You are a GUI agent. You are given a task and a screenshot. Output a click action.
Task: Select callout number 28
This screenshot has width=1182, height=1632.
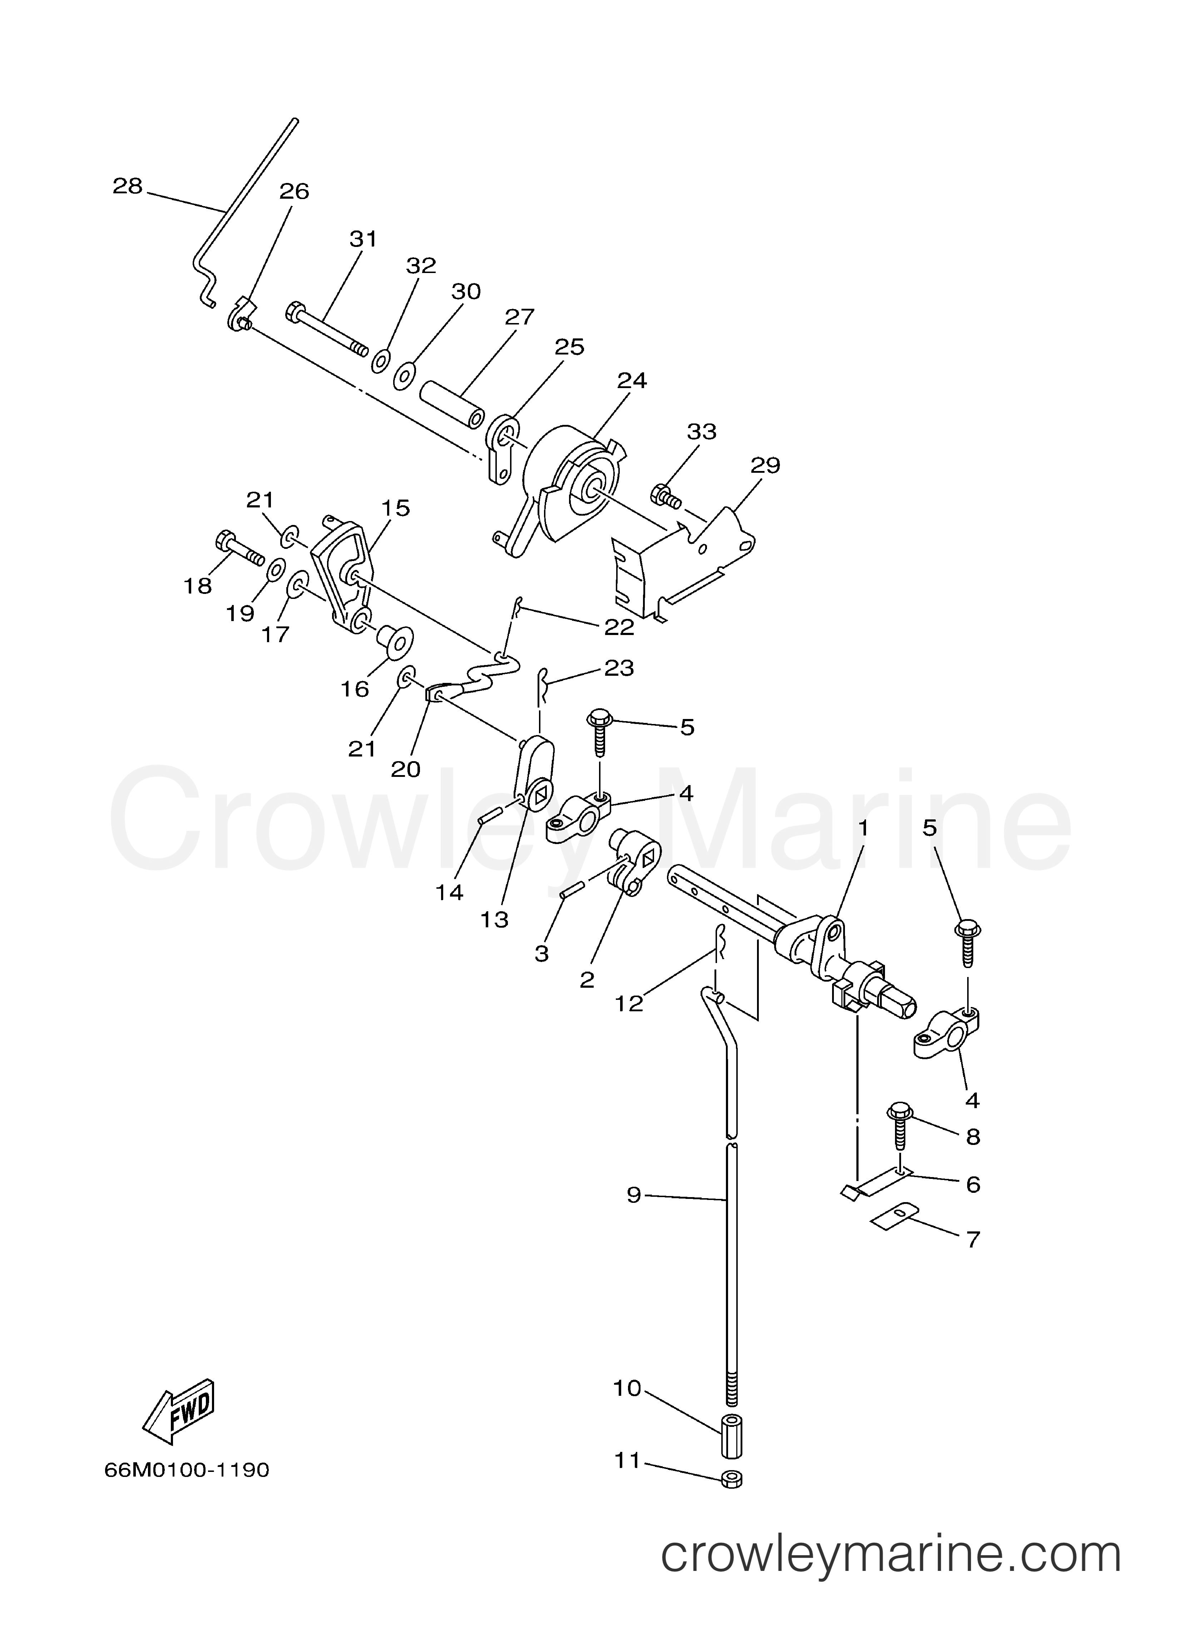(128, 187)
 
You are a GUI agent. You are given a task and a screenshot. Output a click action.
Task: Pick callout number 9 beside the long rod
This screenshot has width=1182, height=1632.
(633, 1195)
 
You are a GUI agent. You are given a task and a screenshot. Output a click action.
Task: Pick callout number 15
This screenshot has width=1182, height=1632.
(395, 508)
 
